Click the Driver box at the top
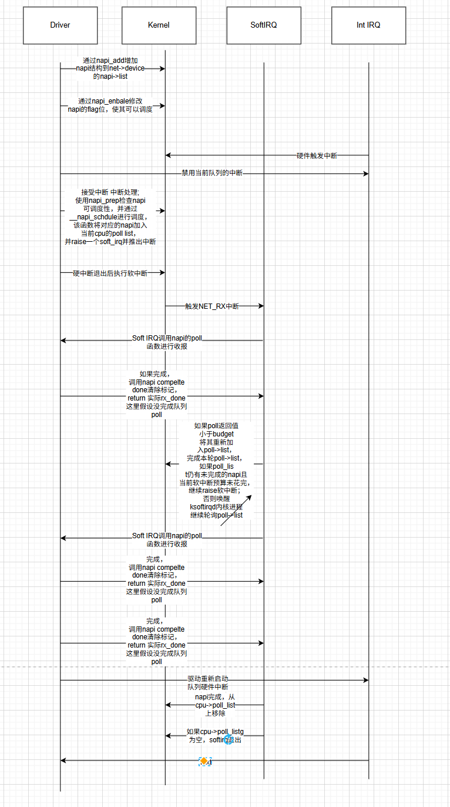point(60,25)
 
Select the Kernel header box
point(159,25)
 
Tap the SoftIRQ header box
point(263,25)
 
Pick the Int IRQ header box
point(368,25)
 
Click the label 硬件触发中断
point(317,156)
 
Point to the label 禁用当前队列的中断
point(211,174)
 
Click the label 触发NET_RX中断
point(212,306)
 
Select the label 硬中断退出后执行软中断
point(110,273)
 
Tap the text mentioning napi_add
point(110,68)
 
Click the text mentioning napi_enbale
point(110,105)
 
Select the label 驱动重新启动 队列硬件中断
point(208,683)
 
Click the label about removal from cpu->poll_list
point(215,705)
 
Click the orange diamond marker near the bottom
point(204,761)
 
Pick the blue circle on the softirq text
point(229,739)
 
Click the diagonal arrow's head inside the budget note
point(250,496)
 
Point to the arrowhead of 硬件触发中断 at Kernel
point(168,155)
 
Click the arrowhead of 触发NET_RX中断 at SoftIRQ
point(261,306)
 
